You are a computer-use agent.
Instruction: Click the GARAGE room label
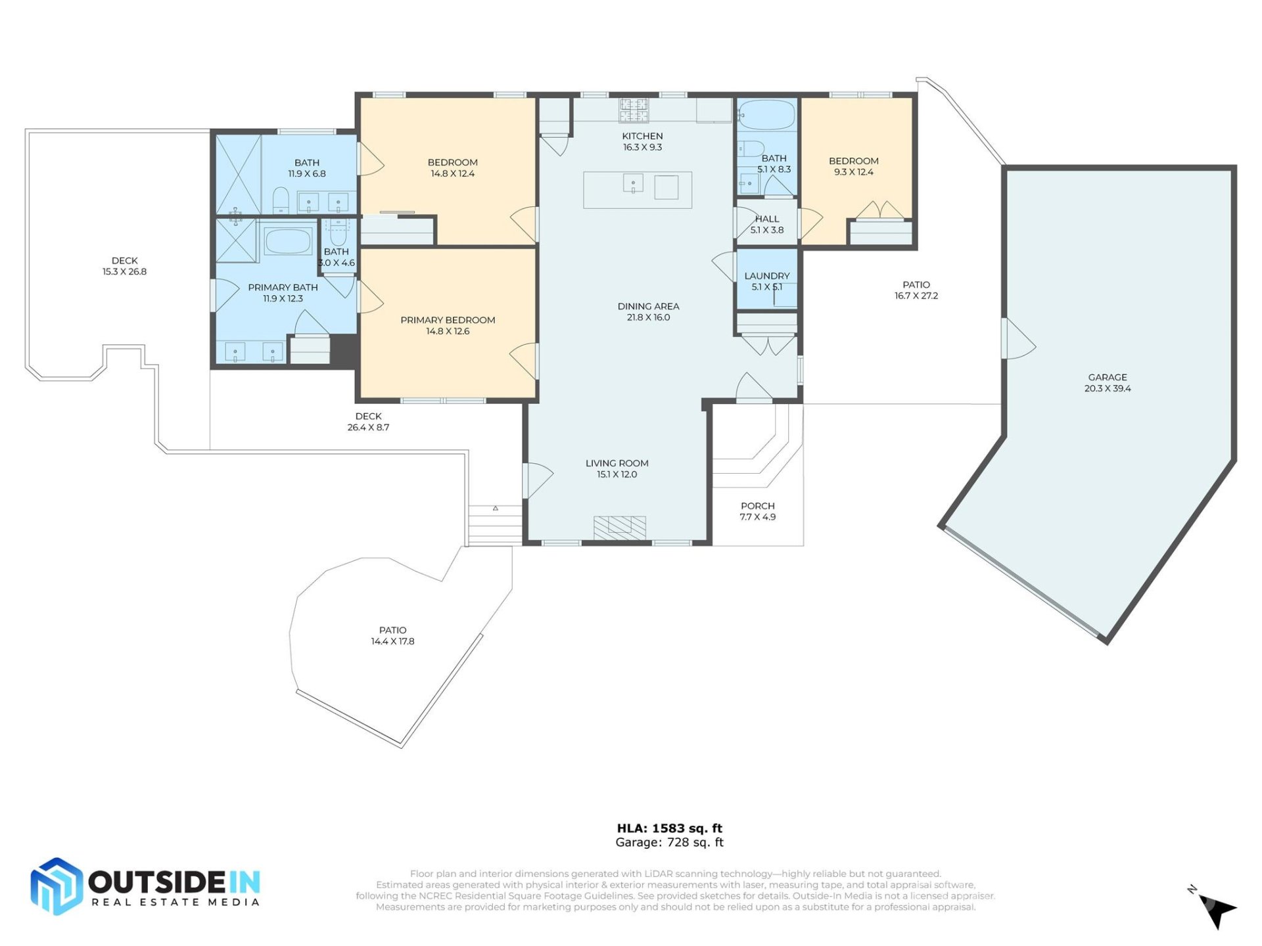[1107, 377]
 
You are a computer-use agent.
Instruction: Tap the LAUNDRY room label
[766, 276]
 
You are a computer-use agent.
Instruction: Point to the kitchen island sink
[633, 184]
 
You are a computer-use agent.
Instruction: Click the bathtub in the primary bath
[288, 241]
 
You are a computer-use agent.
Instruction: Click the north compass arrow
[1218, 911]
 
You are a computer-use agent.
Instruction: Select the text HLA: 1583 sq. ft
[669, 828]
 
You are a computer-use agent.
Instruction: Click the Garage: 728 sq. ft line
[669, 842]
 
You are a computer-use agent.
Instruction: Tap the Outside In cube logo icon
[57, 886]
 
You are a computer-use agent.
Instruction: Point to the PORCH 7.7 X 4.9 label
[757, 511]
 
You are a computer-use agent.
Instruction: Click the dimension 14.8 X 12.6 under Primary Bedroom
[448, 331]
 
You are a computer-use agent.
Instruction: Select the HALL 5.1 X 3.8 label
[766, 224]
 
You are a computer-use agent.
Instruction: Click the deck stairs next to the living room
[495, 526]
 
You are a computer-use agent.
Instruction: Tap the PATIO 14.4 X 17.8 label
[392, 635]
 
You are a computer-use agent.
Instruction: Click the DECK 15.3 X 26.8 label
[124, 266]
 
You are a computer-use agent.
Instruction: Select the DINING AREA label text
[648, 306]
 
